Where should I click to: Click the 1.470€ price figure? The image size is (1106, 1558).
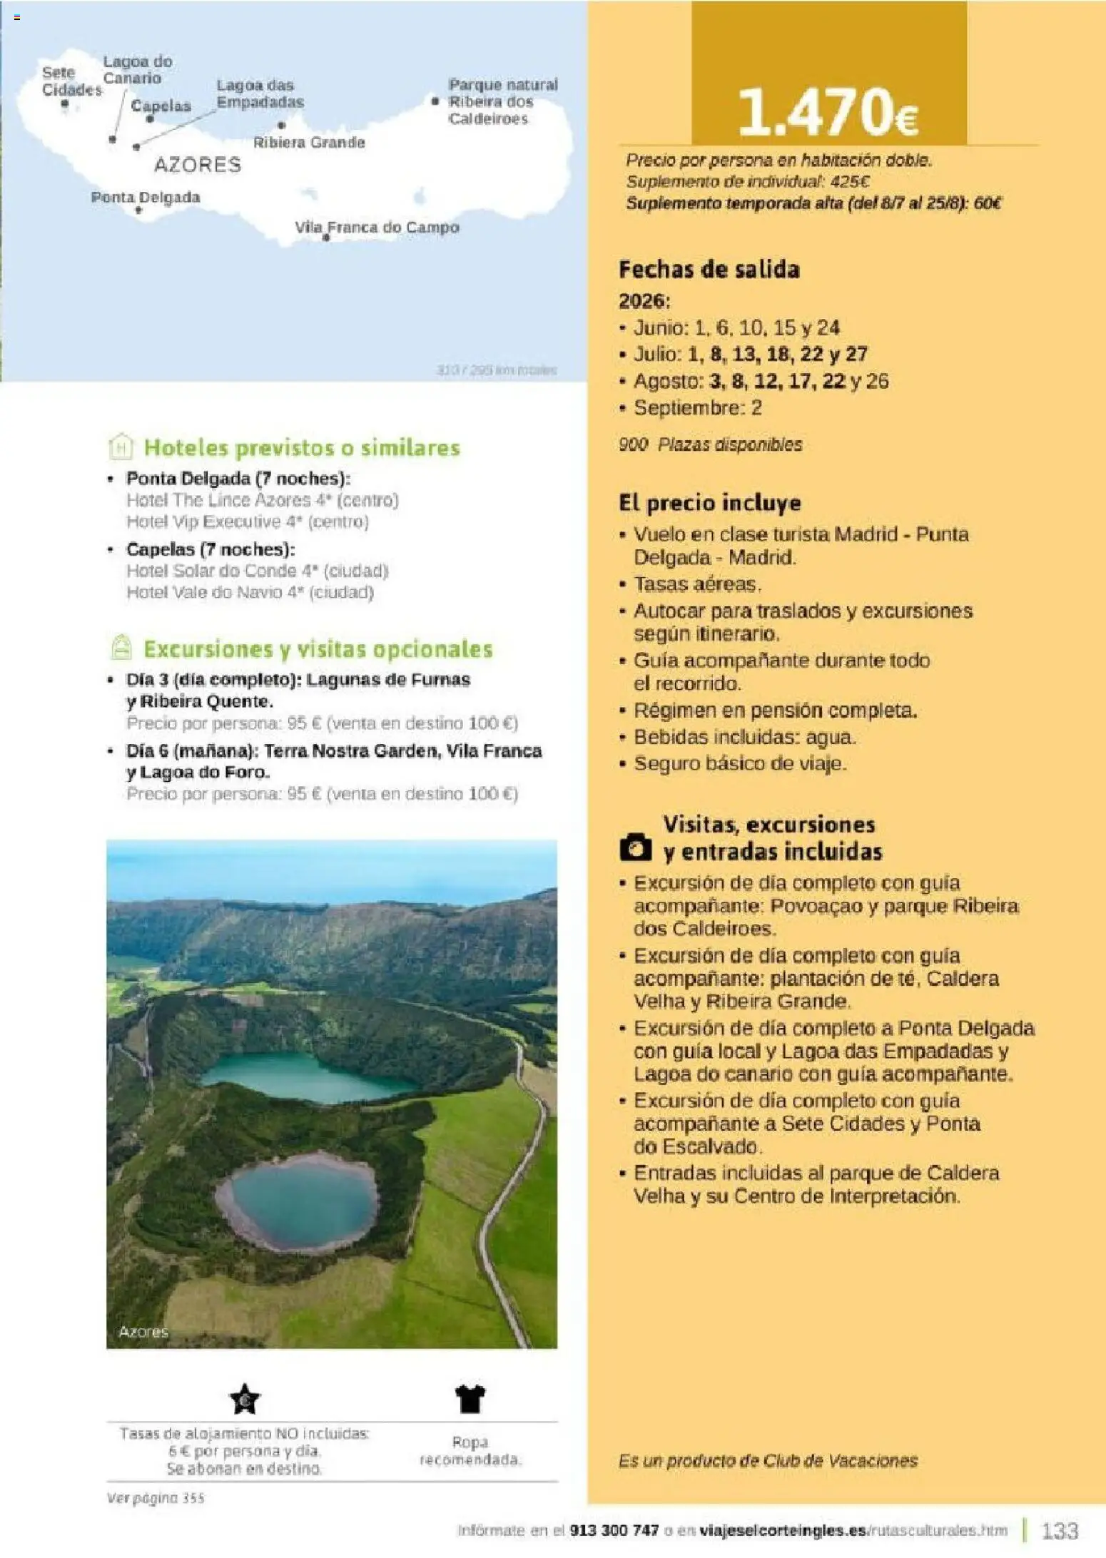[828, 112]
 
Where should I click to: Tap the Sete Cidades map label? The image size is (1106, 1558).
[71, 81]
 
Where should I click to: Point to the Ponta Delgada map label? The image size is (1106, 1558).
[146, 198]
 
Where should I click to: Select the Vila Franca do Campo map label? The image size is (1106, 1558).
[377, 228]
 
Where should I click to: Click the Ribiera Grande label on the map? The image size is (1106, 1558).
[309, 143]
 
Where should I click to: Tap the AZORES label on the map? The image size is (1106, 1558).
[198, 166]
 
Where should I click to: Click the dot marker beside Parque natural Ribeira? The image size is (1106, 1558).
[435, 101]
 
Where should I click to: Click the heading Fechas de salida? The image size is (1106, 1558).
[709, 270]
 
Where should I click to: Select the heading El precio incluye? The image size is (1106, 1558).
[709, 503]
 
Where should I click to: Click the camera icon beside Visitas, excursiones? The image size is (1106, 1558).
[635, 847]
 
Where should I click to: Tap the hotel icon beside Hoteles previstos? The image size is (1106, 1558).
[121, 447]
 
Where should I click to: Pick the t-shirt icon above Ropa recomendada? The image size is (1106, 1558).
[470, 1399]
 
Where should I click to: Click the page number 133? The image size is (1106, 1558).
[1060, 1530]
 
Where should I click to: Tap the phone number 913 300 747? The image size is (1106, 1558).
[614, 1530]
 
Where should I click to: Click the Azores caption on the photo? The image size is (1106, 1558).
[143, 1332]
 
